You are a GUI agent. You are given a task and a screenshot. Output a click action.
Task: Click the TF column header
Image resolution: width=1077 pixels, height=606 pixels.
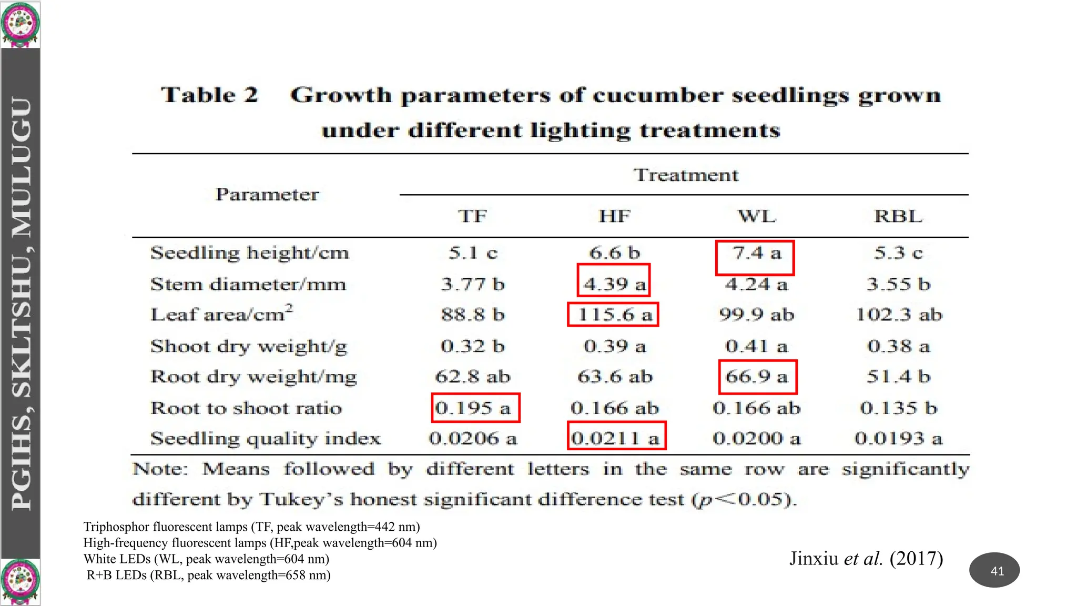coord(472,216)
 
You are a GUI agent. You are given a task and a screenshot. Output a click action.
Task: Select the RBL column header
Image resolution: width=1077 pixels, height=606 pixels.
coord(898,216)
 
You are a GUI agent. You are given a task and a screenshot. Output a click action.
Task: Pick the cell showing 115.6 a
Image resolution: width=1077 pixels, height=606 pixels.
coord(613,315)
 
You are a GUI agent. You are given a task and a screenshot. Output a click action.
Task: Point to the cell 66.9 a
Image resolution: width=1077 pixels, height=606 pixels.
coord(757,377)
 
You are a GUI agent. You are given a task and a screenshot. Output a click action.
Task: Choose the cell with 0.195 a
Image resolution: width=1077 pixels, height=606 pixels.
coord(475,408)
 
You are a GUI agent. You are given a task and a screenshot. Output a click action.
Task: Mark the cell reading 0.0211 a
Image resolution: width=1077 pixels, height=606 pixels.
coord(616,436)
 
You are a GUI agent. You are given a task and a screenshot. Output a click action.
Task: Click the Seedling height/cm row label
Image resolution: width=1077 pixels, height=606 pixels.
coord(250,253)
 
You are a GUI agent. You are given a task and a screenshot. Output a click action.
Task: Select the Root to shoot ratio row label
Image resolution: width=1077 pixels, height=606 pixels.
coord(246,408)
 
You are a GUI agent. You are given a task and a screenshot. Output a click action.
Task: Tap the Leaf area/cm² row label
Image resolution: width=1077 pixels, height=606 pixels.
coord(221,314)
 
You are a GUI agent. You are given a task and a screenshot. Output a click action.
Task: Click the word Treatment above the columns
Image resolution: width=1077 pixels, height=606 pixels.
coord(686,175)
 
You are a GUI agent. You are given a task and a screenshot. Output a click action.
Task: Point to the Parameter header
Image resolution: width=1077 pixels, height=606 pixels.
coord(267,195)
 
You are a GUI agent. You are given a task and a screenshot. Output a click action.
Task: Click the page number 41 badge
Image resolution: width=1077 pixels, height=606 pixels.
coord(994,570)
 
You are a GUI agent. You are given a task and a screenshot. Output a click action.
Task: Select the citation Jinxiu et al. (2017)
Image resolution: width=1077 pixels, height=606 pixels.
coord(866,558)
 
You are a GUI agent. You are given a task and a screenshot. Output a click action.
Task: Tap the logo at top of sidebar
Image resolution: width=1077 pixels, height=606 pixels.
coord(20,24)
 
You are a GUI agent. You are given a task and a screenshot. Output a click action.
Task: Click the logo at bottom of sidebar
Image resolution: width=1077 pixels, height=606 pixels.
coord(20,582)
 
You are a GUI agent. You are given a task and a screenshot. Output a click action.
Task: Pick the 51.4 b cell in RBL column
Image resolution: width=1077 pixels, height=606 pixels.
coord(898,377)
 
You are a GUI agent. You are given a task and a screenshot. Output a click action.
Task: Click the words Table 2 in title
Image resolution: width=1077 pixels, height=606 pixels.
coord(209,95)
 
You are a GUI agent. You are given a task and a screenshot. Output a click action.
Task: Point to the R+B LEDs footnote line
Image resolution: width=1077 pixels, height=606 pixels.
coord(209,575)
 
